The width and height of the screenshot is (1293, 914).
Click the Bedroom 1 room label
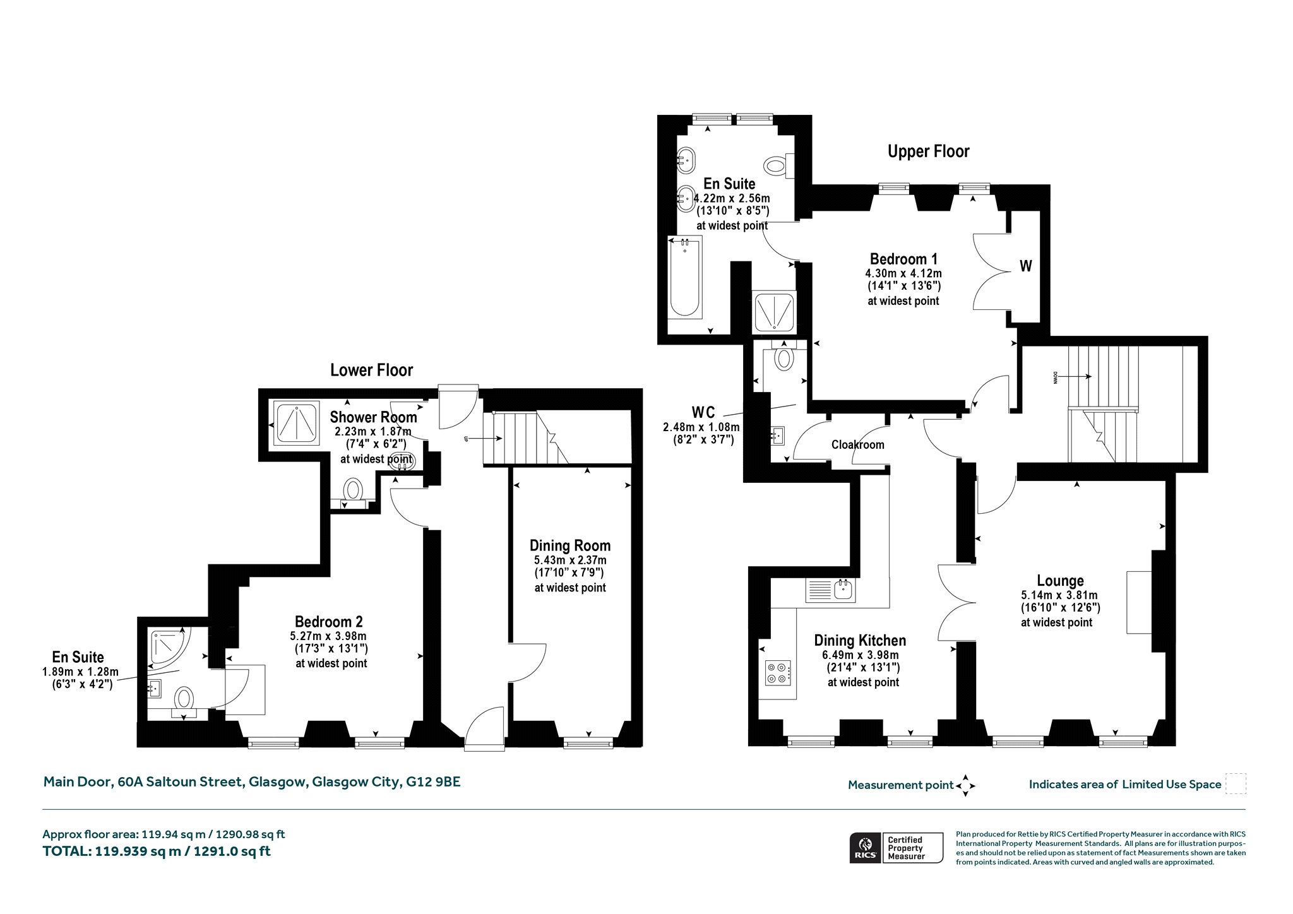[903, 259]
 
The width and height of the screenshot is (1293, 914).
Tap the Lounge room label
[1060, 581]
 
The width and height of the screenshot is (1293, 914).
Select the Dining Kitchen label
[860, 641]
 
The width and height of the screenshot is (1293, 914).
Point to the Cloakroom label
[857, 444]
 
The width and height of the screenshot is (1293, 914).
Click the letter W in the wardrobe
[1026, 266]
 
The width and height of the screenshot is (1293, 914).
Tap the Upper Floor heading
[928, 151]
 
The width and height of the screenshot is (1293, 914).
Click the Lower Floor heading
[371, 370]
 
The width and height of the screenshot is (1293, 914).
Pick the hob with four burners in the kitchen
[777, 672]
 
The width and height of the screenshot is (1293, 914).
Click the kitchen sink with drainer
[830, 591]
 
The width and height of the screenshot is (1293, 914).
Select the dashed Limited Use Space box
[1236, 784]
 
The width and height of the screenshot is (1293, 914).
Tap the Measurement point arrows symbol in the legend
[965, 786]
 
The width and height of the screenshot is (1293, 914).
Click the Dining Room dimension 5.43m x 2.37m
[570, 560]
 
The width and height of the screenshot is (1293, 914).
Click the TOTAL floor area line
[157, 851]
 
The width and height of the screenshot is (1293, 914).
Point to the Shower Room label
[373, 417]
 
